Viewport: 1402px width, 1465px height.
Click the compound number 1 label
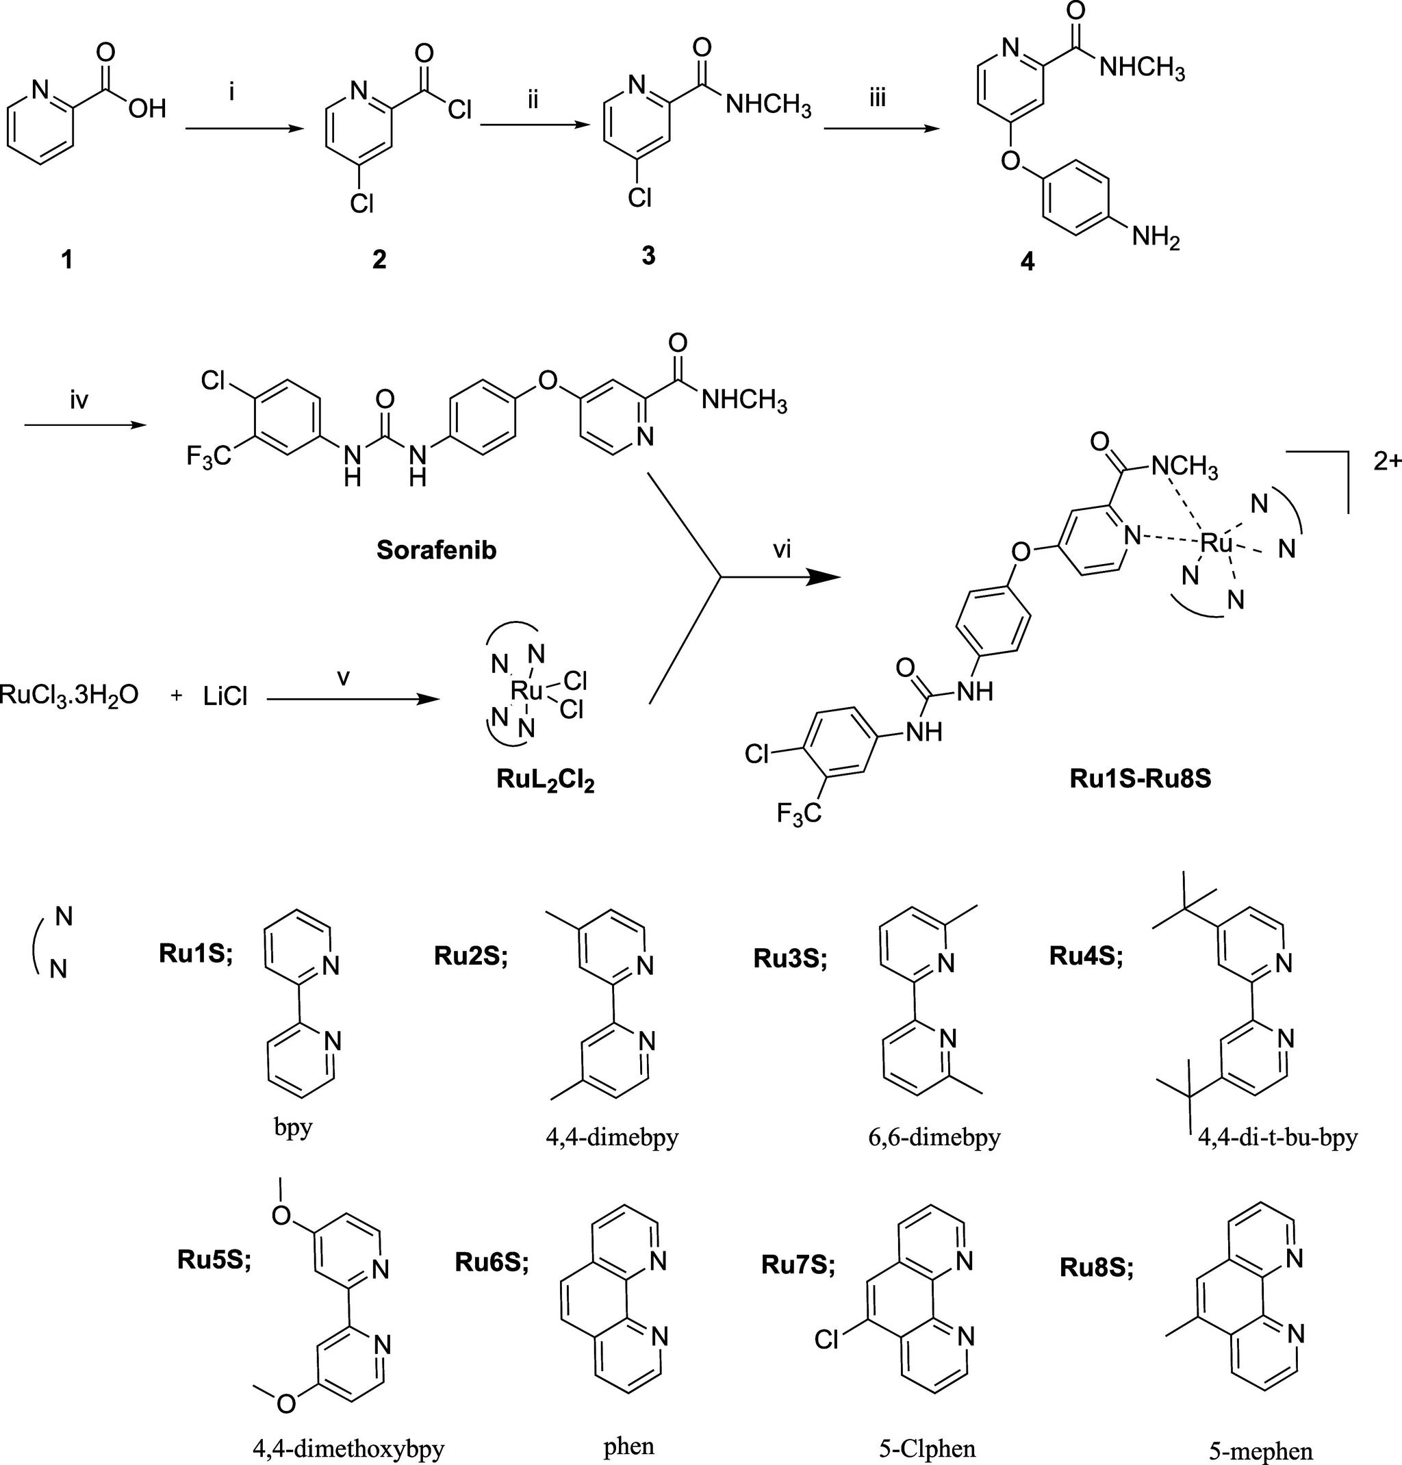coord(67,259)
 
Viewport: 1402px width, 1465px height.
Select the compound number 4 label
coord(1028,261)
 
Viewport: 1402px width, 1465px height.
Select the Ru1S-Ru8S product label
coord(1140,778)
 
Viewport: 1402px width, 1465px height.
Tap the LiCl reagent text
coord(225,697)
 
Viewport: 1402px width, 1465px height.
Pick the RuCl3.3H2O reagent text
coord(68,697)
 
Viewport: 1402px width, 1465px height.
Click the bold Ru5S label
coord(214,1259)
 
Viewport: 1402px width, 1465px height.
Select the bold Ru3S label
coord(790,958)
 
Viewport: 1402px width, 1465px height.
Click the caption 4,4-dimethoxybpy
coord(348,1449)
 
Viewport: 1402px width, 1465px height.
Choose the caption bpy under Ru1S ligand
coord(292,1127)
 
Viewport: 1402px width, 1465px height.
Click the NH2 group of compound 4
coord(1155,238)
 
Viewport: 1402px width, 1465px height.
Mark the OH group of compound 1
coord(146,110)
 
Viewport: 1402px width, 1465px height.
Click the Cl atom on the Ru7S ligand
coord(826,1340)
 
